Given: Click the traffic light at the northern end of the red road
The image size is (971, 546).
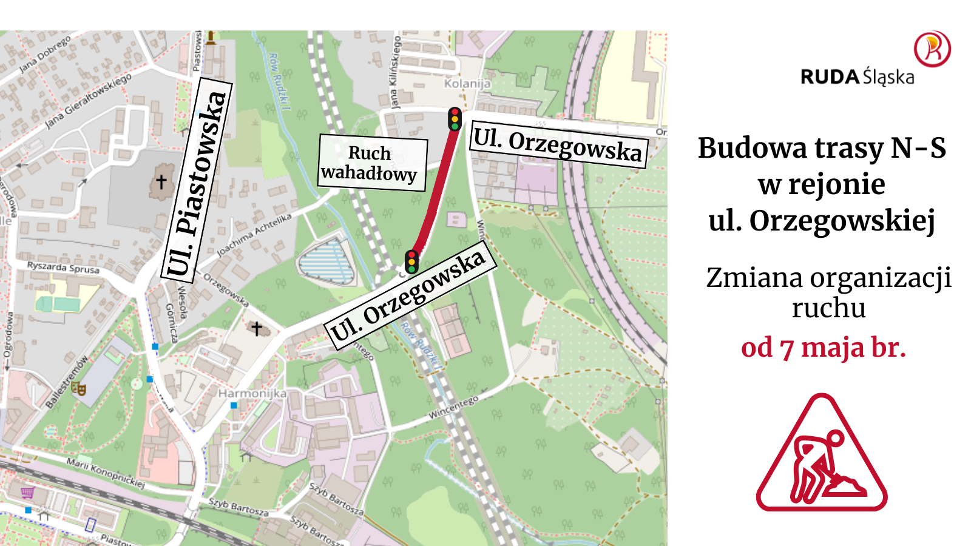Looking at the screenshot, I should (455, 119).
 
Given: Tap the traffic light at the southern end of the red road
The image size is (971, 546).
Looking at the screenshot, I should (412, 261).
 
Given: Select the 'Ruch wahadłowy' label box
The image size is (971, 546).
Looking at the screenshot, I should (372, 163).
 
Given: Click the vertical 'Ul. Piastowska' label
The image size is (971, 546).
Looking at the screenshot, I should (197, 182).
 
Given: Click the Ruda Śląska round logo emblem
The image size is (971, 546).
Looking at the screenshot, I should (932, 49).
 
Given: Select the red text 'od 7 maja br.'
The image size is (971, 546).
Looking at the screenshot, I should (824, 348).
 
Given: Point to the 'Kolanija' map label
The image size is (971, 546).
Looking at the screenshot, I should (467, 83).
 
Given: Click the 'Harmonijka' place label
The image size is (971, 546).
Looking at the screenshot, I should (252, 393).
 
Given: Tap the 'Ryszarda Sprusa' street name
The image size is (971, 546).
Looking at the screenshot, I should (63, 267).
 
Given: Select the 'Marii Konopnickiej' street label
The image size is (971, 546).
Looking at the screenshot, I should (106, 473).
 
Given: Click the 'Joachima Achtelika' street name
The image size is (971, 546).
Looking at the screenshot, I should (254, 235).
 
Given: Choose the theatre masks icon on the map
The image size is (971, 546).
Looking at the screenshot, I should (78, 388).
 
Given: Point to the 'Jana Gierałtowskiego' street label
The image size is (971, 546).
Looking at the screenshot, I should (88, 101).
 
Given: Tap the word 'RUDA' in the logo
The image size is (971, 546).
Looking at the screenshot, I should (830, 77).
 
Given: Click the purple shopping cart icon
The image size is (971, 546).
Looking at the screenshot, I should (27, 492).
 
